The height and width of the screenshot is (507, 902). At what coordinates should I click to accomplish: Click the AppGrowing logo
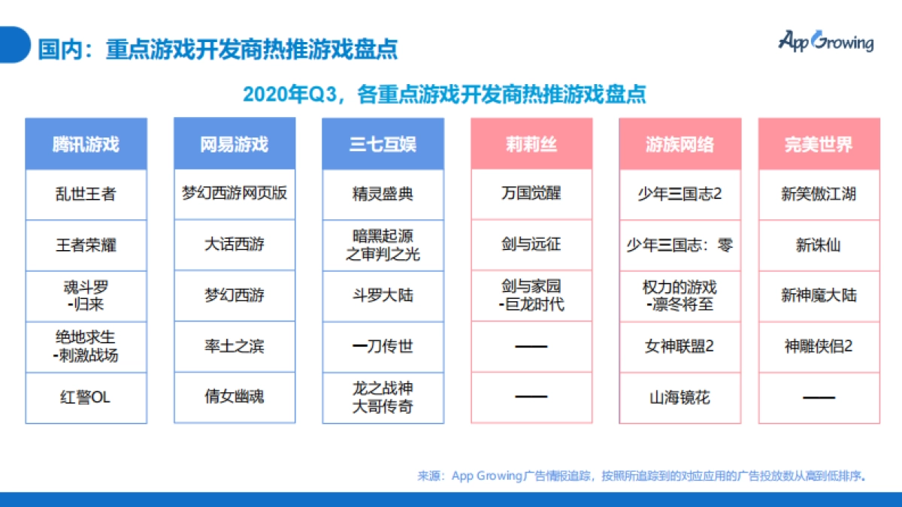(825, 42)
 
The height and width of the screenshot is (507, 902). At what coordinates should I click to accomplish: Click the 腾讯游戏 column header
(86, 144)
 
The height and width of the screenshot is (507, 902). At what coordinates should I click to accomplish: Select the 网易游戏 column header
(235, 144)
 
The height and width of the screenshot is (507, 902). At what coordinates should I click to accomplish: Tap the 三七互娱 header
(383, 144)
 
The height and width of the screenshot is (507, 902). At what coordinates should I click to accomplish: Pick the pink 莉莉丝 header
(531, 144)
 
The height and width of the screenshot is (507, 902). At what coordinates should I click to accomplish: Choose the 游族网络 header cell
(680, 144)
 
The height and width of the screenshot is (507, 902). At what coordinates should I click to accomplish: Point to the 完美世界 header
(819, 144)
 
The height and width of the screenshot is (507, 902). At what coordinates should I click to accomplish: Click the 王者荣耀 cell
(86, 245)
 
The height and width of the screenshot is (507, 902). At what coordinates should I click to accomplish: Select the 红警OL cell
(86, 397)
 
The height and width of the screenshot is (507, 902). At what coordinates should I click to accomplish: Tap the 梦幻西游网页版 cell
(235, 193)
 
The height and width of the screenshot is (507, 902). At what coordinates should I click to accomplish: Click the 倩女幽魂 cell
(235, 396)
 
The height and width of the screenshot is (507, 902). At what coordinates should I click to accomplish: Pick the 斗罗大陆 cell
(383, 295)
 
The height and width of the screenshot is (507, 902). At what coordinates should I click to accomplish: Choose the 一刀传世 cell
(383, 346)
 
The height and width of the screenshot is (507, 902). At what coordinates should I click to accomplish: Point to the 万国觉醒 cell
(531, 193)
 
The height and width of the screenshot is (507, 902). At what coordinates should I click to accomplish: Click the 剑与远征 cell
(531, 244)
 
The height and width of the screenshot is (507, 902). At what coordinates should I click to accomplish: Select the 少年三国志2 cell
(680, 194)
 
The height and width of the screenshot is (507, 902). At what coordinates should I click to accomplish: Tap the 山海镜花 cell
(680, 397)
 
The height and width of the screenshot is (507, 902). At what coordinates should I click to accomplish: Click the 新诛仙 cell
(819, 245)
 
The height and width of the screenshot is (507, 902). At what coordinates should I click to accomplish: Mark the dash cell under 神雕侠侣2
(819, 397)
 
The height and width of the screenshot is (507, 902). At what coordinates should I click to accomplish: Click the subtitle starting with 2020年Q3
(444, 95)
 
